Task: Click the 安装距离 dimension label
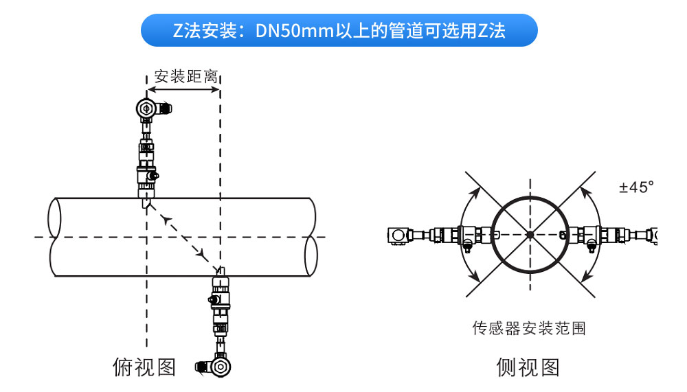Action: click(185, 76)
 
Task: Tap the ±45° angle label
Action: click(636, 187)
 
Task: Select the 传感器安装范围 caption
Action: click(529, 328)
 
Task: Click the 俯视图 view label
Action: click(144, 367)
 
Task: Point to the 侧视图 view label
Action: click(528, 367)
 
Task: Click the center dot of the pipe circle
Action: click(530, 235)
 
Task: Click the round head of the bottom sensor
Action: click(220, 367)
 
